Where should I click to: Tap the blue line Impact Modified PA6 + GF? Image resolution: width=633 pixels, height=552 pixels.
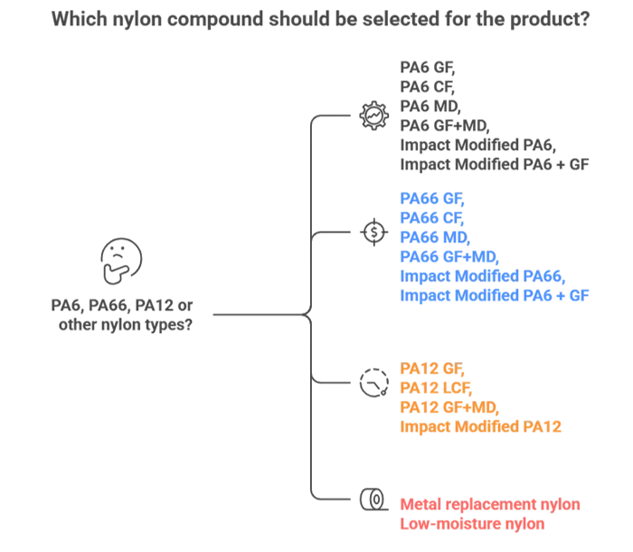tap(494, 294)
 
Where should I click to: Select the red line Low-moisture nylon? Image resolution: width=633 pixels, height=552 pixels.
tap(470, 524)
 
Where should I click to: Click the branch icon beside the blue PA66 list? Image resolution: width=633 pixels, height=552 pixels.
tap(373, 230)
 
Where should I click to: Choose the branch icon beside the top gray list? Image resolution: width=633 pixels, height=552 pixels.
tap(373, 115)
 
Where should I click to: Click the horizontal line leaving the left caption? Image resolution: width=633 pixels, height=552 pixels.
tap(258, 316)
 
